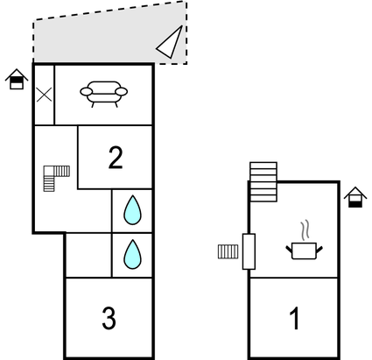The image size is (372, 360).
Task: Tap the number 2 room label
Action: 116,158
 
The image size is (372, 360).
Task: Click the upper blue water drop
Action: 133,210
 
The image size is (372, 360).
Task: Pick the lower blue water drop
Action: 133,254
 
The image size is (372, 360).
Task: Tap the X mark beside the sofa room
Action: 44,93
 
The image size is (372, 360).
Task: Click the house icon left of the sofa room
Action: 16,80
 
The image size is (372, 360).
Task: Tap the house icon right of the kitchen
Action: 354,197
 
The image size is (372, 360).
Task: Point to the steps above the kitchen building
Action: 263,181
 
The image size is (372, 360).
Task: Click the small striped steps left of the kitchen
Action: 228,252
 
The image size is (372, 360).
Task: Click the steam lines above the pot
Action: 304,231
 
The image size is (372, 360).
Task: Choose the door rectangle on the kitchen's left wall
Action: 249,252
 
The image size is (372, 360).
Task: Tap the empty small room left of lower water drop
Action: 88,254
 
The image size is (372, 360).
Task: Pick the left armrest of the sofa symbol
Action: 84,90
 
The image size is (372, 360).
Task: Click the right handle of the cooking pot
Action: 320,251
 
